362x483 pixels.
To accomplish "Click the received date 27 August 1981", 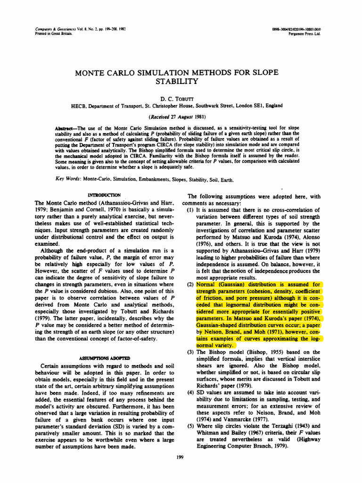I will point(180,116).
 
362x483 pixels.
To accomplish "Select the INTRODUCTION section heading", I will point(106,195).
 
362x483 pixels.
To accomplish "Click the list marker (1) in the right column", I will point(192,210).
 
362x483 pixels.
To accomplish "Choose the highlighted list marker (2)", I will point(192,284).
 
